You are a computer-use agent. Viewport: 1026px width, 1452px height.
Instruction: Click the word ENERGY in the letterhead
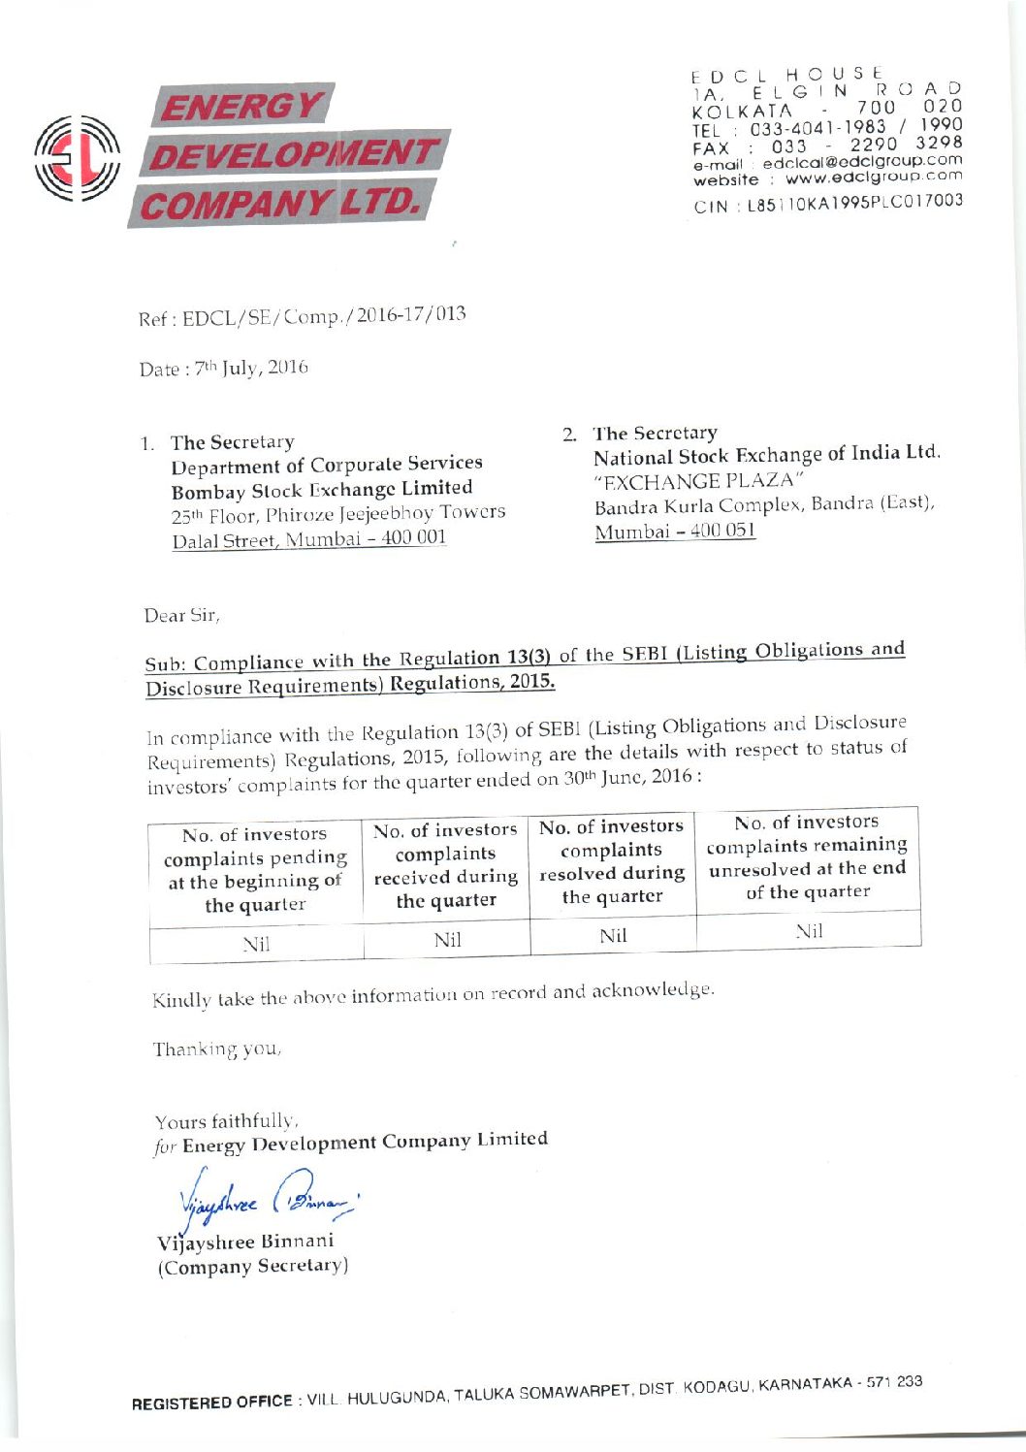coord(241,106)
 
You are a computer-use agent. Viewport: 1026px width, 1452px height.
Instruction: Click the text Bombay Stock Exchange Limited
coord(322,489)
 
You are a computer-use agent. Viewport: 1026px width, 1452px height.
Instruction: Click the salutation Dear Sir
coord(181,615)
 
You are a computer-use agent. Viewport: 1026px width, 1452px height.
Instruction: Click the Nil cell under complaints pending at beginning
coord(256,944)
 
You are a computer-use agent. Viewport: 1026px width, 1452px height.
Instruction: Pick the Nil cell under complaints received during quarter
coord(447,939)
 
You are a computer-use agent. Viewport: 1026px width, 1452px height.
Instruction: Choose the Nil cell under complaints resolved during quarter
coord(613,936)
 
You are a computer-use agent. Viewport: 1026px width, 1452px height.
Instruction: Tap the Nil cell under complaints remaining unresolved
coord(809,931)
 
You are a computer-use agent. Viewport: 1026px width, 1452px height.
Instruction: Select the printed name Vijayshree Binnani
coord(245,1242)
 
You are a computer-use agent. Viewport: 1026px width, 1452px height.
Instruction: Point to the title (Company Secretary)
coord(253,1267)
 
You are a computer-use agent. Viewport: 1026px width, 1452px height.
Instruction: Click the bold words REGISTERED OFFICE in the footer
coord(212,1403)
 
